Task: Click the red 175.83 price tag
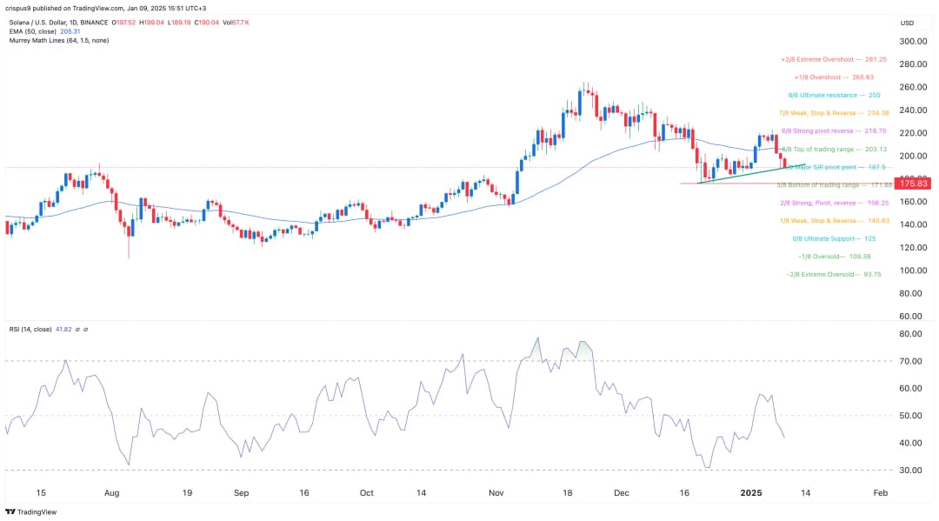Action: click(x=915, y=184)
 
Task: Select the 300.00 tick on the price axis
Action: click(x=912, y=41)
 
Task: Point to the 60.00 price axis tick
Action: click(x=911, y=316)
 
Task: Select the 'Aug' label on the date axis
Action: click(x=111, y=492)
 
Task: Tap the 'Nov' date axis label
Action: click(x=496, y=492)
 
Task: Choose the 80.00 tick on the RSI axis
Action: click(x=911, y=334)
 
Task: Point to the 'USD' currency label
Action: click(x=907, y=23)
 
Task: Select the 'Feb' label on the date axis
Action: click(x=880, y=492)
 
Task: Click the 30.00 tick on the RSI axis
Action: click(x=911, y=471)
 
